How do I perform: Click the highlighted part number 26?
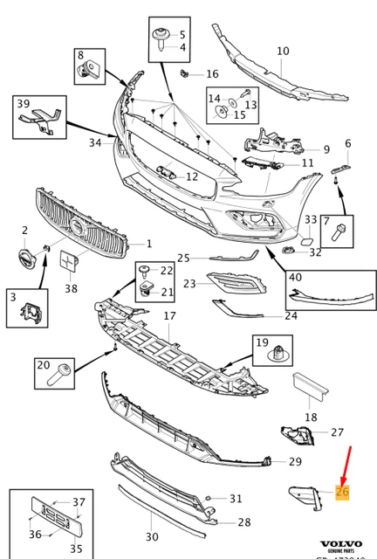[x=341, y=493]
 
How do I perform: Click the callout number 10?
[x=282, y=52]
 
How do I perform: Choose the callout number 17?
[x=169, y=315]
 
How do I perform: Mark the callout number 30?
[x=152, y=536]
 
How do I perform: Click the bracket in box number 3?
[x=31, y=308]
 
